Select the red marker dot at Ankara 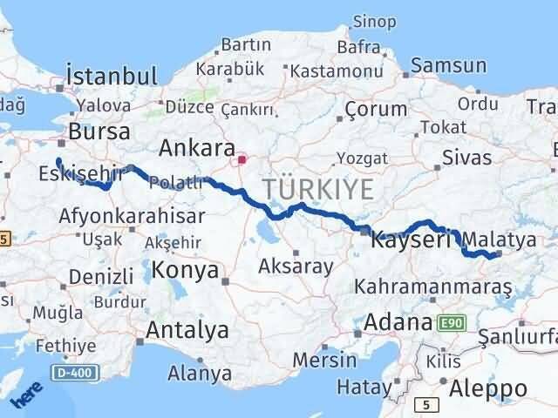(242, 159)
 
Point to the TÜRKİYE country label (318, 189)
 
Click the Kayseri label (411, 239)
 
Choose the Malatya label (493, 239)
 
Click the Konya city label (185, 270)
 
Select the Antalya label (187, 330)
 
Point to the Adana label (399, 321)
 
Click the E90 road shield (453, 323)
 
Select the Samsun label (448, 65)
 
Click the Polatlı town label (176, 183)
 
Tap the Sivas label (466, 158)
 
